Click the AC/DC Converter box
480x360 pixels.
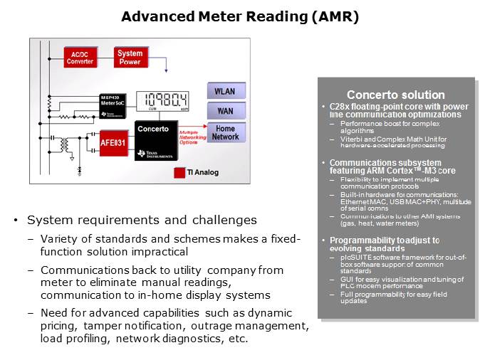pos(80,58)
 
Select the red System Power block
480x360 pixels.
pos(130,58)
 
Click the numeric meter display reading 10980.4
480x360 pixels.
pos(162,102)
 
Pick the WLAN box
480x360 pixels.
pos(226,91)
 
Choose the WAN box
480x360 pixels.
pos(226,111)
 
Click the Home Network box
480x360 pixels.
pos(226,132)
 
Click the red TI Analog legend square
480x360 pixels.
pos(179,172)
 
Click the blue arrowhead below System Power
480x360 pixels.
pos(166,70)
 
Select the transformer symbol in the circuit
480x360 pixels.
pos(64,144)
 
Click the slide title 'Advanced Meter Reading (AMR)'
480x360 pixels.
pos(240,16)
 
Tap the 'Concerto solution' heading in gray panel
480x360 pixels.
pos(395,95)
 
